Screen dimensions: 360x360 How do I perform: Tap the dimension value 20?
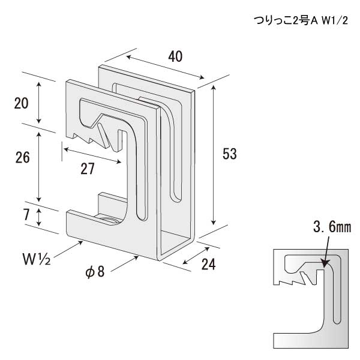click(22, 103)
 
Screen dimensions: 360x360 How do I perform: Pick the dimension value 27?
click(88, 169)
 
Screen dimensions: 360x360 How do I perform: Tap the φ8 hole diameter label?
click(95, 271)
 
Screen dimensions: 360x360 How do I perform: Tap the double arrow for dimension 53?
click(213, 154)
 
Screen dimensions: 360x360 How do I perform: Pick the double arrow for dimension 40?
click(164, 67)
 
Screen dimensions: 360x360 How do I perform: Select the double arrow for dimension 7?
click(40, 217)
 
